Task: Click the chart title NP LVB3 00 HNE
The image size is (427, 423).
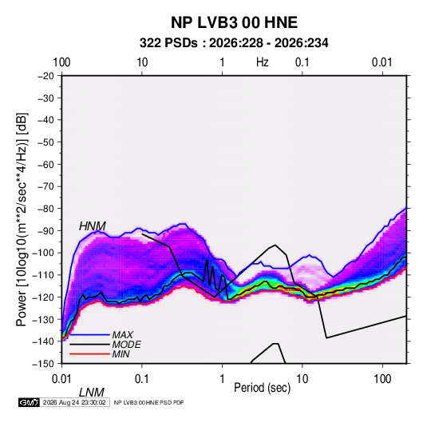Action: point(234,22)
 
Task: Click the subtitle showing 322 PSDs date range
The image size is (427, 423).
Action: point(234,43)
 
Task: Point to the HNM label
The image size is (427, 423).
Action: point(93,226)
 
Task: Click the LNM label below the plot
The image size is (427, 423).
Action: point(92,393)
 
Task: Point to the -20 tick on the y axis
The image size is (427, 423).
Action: point(45,76)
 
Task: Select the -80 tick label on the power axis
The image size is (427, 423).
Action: point(45,209)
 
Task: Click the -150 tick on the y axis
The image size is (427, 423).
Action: point(44,364)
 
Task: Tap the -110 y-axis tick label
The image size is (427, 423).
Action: point(44,275)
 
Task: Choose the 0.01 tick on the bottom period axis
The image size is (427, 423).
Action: point(61,379)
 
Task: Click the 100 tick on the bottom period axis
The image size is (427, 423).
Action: point(382,379)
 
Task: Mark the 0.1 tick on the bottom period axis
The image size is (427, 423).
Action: point(142,379)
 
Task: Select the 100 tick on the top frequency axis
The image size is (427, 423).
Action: point(61,62)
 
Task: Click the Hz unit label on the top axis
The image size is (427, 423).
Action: point(263,62)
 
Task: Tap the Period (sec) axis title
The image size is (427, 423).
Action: point(263,388)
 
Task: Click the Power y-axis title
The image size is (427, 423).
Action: point(22,219)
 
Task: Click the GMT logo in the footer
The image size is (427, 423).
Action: point(30,402)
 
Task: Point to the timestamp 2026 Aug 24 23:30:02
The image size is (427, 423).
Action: point(74,402)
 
